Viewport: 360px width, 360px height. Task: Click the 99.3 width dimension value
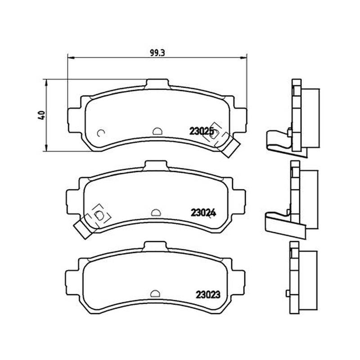point(157,53)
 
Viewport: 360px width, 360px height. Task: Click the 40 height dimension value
point(42,115)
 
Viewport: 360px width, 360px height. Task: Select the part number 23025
point(202,131)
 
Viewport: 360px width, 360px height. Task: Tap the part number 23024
point(203,213)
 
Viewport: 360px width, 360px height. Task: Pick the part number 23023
point(208,295)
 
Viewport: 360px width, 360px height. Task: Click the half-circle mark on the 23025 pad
point(157,131)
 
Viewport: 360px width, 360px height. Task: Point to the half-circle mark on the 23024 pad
point(156,212)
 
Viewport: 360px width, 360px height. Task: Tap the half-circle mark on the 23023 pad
point(155,294)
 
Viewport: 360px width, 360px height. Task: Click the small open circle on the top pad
point(101,133)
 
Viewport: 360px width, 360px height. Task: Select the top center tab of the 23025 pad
point(157,84)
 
